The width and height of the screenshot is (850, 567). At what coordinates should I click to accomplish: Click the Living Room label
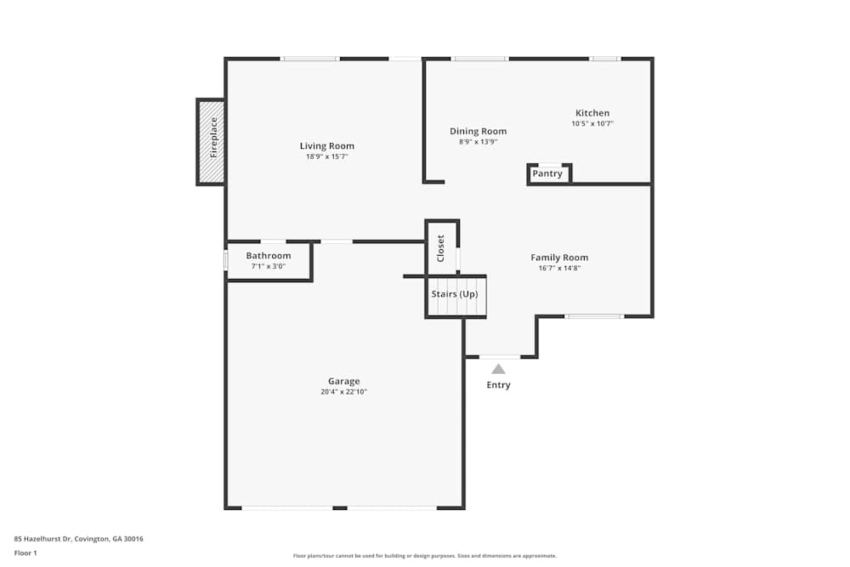tap(326, 146)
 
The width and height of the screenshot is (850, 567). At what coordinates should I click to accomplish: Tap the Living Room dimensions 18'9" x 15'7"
tap(326, 156)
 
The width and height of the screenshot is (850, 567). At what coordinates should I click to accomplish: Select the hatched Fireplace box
tap(212, 141)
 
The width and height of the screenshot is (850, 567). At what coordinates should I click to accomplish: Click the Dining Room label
tap(478, 131)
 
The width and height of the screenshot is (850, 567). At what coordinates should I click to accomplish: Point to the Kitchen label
tap(592, 113)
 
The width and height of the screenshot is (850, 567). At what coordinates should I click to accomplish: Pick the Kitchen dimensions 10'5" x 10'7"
tap(592, 123)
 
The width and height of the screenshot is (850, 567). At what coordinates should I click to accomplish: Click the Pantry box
tap(548, 174)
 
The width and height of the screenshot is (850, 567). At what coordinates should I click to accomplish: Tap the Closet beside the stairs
tap(441, 247)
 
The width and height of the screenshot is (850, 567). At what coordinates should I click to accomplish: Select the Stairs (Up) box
tap(455, 295)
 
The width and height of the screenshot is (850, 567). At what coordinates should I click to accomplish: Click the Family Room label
tap(559, 258)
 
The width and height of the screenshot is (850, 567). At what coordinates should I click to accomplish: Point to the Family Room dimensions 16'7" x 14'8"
tap(559, 268)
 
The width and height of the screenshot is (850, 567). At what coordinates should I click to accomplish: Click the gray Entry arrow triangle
tap(498, 369)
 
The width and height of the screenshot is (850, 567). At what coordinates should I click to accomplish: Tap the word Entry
tap(498, 385)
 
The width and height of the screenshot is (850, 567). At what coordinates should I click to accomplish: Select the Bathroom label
tap(269, 256)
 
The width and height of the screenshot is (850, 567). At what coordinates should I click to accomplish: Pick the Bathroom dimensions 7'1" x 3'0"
tap(269, 266)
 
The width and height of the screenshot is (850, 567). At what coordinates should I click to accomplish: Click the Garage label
tap(344, 382)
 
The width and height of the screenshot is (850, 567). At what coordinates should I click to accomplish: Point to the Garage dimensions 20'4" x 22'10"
tap(344, 392)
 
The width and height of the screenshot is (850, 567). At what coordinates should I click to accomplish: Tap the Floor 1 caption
tap(25, 553)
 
